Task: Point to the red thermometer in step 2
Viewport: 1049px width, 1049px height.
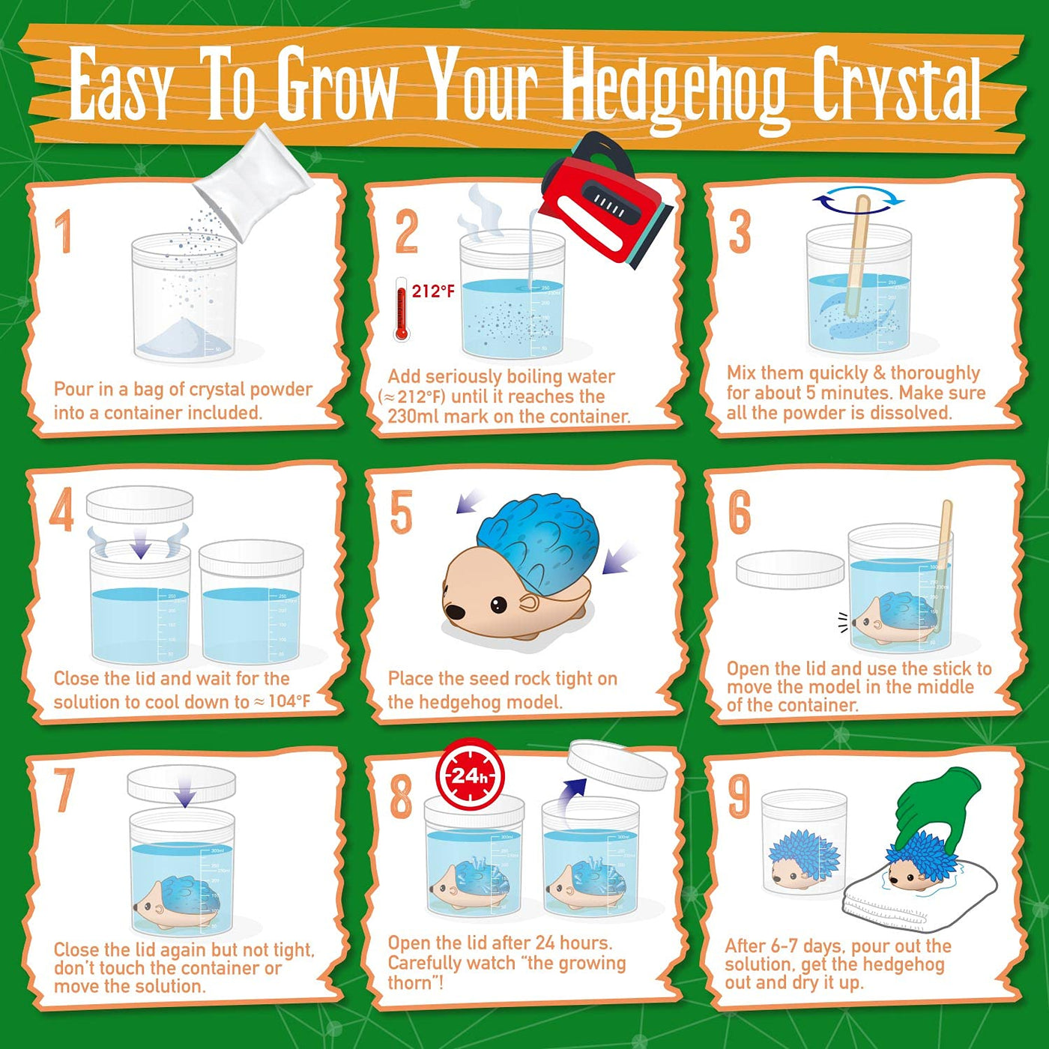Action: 402,311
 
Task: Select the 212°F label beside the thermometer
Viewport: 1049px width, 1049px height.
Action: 433,291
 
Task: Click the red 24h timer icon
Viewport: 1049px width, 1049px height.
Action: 471,776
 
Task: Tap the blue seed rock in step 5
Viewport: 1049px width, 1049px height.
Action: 539,539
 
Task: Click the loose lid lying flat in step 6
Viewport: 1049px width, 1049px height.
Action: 790,569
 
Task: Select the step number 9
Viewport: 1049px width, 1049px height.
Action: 740,796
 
